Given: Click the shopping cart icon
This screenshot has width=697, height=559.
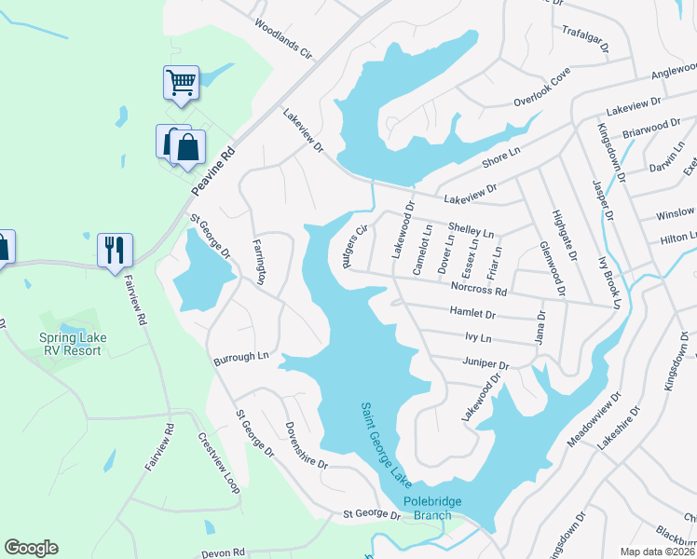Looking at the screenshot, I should [181, 81].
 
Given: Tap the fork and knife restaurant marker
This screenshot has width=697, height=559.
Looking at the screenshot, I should [116, 250].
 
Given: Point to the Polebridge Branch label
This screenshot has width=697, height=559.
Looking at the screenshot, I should [432, 509].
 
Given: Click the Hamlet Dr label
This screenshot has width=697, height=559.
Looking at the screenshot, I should [471, 313].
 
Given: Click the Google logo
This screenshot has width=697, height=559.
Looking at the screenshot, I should [32, 548].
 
